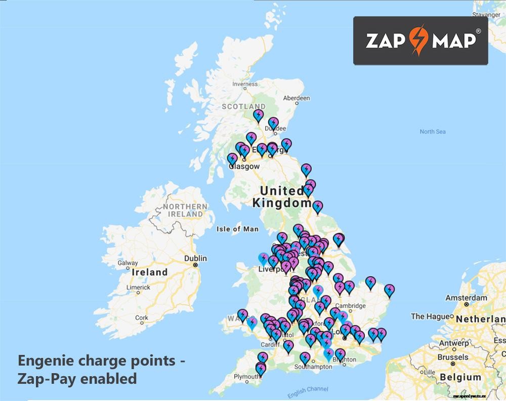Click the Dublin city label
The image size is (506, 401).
[x=195, y=258]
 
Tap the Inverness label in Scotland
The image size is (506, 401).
[x=244, y=85]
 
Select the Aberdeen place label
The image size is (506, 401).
[x=296, y=98]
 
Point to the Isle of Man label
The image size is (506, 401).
[x=237, y=229]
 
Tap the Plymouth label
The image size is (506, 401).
[x=247, y=377]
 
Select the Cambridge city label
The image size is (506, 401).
[x=350, y=306]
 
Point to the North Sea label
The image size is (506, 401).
[x=433, y=132]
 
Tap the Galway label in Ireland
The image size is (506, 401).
[x=128, y=263]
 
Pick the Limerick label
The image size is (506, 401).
[x=138, y=287]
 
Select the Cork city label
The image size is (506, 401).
[x=142, y=318]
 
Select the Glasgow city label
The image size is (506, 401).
[x=244, y=166]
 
